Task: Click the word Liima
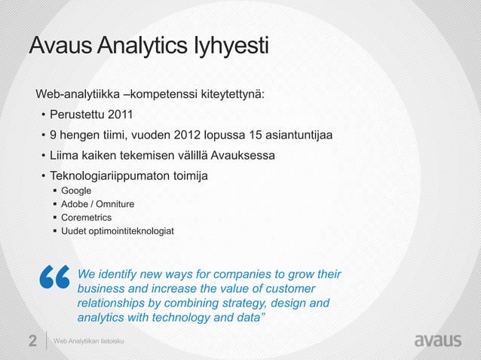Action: coord(65,156)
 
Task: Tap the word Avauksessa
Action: coord(243,156)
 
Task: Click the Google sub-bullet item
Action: coord(76,191)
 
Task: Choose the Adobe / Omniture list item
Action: coord(98,204)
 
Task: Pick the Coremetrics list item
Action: coord(86,217)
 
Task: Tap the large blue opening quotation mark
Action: coord(52,279)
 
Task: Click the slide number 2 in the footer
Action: coord(32,341)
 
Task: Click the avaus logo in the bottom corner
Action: coord(438,340)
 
